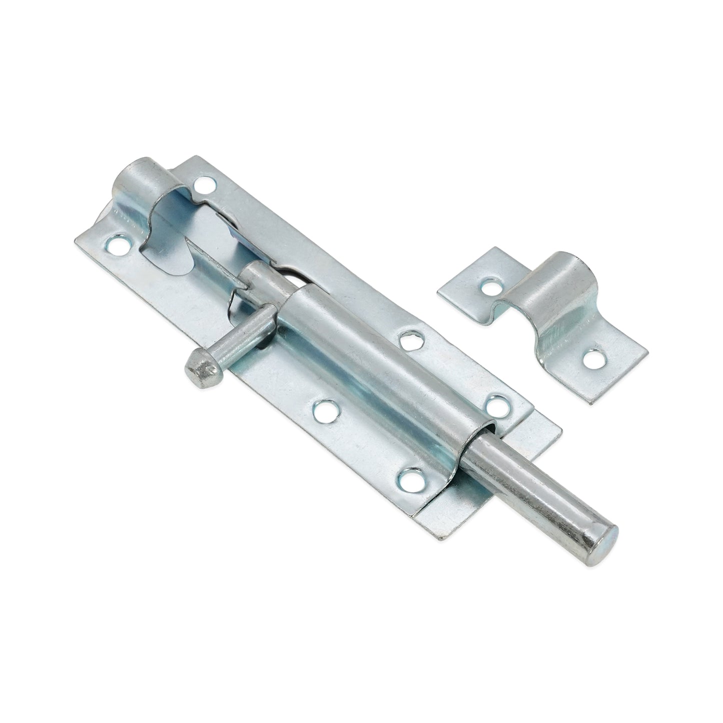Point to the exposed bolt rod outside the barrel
(540, 488)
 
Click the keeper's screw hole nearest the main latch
(489, 288)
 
